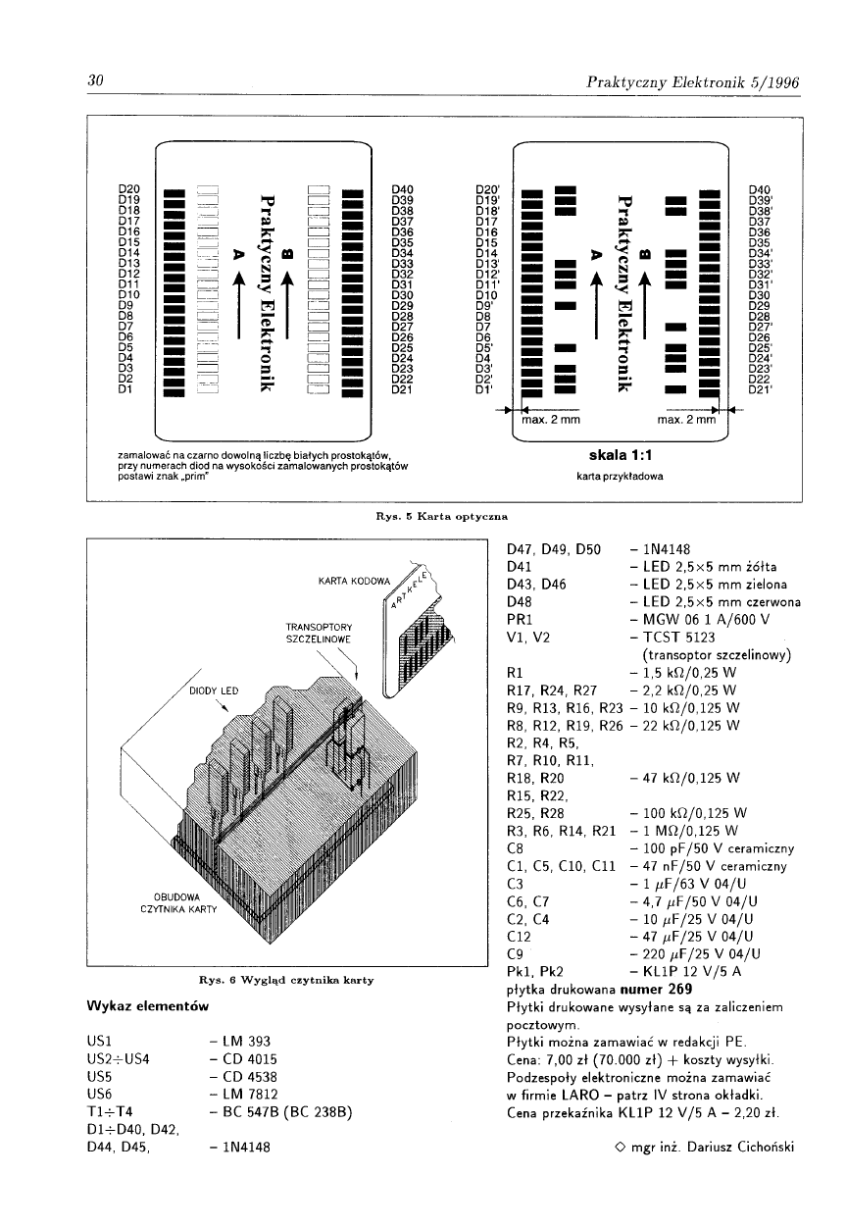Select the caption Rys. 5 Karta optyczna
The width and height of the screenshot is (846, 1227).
coord(446,513)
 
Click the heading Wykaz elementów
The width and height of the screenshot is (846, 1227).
coord(146,1005)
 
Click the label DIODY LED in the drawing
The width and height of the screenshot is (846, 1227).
coord(213,690)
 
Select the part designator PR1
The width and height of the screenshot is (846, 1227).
coord(519,620)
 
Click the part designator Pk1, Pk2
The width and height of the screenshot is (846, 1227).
coord(533,971)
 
